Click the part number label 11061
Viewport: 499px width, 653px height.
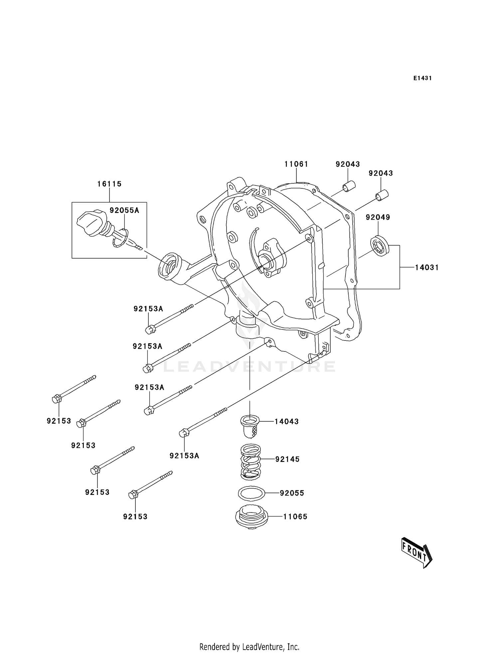(x=296, y=164)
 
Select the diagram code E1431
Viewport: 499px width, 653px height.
(x=422, y=78)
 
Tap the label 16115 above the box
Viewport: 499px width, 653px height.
(x=109, y=184)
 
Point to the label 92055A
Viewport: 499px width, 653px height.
(x=124, y=210)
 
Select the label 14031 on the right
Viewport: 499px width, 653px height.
(x=427, y=267)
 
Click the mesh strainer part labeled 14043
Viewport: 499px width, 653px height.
(x=250, y=426)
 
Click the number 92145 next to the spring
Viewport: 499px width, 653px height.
(x=287, y=459)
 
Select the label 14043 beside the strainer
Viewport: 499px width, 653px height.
(x=286, y=421)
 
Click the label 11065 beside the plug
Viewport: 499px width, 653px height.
(x=295, y=517)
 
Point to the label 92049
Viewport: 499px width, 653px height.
(x=378, y=217)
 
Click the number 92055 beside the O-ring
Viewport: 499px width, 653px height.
(x=292, y=493)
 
